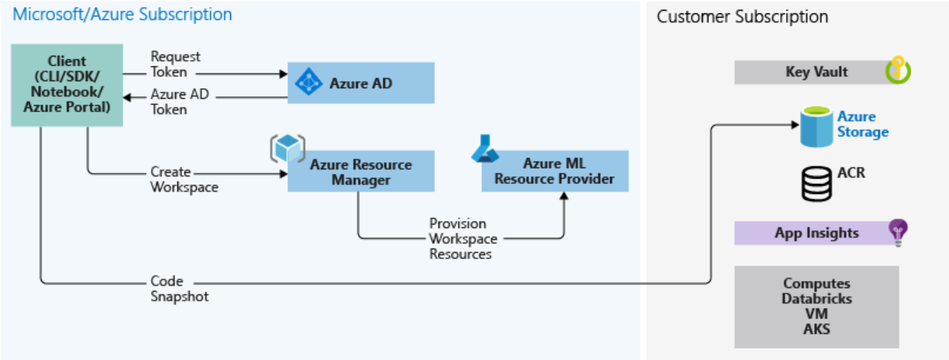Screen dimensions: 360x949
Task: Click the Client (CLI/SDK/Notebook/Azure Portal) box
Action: (67, 85)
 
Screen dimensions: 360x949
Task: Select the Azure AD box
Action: (360, 83)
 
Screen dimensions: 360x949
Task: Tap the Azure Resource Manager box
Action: (360, 172)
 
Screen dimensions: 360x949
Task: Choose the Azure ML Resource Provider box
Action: (554, 172)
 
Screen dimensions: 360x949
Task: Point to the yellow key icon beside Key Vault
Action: (898, 71)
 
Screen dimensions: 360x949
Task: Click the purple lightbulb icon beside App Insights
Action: (898, 232)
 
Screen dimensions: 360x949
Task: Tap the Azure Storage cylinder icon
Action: (816, 126)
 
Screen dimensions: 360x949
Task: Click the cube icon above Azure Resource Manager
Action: (287, 148)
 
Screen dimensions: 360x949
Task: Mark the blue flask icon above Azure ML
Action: (484, 149)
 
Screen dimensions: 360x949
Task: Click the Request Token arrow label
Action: (175, 64)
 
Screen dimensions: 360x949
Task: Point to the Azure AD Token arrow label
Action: (179, 102)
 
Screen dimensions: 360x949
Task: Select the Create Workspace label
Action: (184, 179)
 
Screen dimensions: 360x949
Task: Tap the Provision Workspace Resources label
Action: (462, 239)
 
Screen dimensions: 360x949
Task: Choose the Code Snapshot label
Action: (179, 289)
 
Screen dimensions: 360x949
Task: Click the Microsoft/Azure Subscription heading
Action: (121, 14)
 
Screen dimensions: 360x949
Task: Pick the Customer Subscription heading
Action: (742, 16)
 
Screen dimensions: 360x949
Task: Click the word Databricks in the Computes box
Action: (816, 299)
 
